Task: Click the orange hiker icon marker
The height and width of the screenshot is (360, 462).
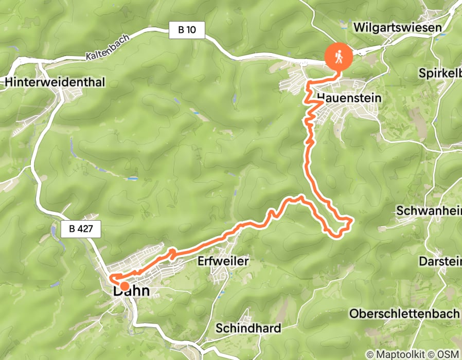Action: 339,56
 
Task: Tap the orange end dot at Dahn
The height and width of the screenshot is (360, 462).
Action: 124,286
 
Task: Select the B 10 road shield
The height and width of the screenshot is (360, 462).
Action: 187,30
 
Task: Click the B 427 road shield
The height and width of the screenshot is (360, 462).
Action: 80,229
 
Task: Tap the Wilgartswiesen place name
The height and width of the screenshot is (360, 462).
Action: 398,27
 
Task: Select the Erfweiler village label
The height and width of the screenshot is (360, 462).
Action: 223,261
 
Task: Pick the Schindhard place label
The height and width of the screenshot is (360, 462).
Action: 248,328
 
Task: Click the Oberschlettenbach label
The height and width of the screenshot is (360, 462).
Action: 404,313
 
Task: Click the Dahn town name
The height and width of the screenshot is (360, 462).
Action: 131,292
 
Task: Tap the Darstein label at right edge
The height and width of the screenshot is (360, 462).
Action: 440,261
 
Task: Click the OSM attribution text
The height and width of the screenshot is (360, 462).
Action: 448,354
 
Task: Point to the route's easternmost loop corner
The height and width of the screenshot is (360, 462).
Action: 351,221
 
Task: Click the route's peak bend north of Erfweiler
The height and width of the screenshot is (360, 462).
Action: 300,196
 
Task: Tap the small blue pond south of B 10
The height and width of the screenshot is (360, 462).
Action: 178,101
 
